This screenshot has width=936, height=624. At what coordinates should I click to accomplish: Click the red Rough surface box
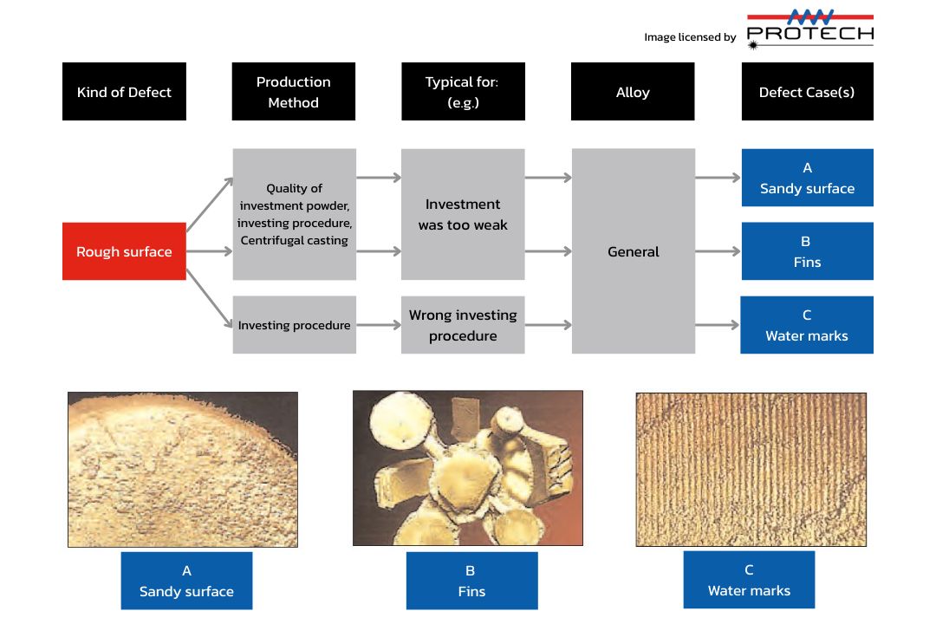(x=124, y=251)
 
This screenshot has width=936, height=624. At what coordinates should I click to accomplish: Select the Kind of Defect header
(x=124, y=91)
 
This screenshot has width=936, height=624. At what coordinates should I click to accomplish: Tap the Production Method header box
(x=294, y=91)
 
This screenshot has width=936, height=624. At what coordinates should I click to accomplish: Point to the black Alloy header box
(x=633, y=91)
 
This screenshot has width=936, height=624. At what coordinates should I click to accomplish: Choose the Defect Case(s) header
(x=807, y=91)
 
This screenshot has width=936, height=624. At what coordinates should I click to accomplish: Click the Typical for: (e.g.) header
(x=463, y=91)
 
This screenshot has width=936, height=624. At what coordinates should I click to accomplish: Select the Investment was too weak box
(x=463, y=214)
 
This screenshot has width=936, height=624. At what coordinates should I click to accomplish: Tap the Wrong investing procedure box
(x=463, y=324)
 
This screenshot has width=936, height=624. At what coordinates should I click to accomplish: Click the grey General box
(x=634, y=251)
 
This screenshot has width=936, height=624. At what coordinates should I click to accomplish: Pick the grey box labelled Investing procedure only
(x=294, y=324)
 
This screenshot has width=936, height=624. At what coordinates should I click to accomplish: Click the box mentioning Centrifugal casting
(x=294, y=214)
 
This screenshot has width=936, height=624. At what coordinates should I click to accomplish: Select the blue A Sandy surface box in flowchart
(x=807, y=178)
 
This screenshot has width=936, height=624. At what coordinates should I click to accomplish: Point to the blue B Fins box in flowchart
(x=807, y=251)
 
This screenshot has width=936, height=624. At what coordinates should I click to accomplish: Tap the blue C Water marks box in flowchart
(x=807, y=325)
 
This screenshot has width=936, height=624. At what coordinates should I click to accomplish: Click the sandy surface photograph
(x=183, y=469)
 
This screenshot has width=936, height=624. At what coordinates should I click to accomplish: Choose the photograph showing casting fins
(x=467, y=468)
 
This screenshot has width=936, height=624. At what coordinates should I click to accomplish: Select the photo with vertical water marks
(x=751, y=469)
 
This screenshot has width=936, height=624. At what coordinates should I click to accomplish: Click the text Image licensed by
(x=690, y=37)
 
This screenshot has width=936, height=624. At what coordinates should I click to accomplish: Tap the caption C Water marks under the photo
(x=749, y=580)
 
